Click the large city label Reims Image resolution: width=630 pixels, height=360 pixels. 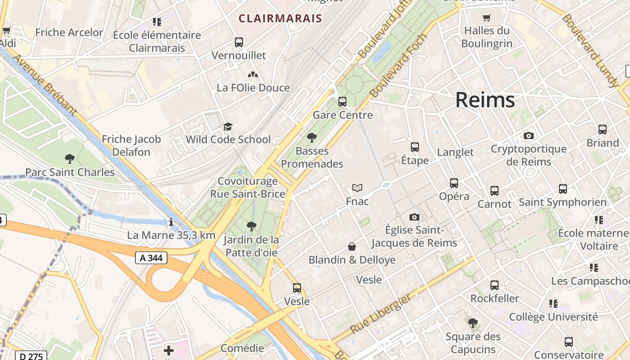point(485,100)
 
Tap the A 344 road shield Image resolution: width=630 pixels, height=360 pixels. point(151,258)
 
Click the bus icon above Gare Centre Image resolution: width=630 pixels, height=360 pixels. point(342,102)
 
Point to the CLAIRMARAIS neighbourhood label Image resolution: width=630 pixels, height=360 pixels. point(280,18)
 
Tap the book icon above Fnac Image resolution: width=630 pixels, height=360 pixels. point(357,188)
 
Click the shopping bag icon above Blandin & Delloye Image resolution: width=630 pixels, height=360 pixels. point(352,247)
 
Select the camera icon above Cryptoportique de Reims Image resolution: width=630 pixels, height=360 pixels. point(529,135)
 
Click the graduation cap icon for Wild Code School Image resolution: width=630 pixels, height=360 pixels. point(228,126)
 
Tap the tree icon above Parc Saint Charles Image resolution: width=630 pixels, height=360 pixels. point(70,158)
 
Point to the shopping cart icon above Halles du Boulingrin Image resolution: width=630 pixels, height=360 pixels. point(486,18)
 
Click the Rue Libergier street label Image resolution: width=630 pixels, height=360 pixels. point(380,314)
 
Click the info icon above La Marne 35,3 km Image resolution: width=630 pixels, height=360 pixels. point(171,222)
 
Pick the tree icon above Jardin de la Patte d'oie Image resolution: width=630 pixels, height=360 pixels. point(252,226)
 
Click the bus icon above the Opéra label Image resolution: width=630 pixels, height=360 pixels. point(454,183)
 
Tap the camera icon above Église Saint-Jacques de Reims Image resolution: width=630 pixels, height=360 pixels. point(414,217)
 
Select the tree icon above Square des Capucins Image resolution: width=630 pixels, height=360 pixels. point(472,323)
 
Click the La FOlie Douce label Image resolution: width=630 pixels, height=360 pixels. point(253,88)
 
